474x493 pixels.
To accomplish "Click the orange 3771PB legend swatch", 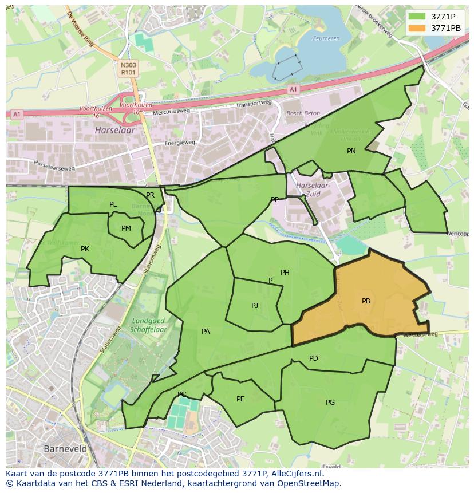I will pyautogui.click(x=417, y=28).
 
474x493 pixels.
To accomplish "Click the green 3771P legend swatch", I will pyautogui.click(x=417, y=17).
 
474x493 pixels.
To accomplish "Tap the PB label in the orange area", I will pyautogui.click(x=366, y=301).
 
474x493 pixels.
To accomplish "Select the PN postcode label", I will pyautogui.click(x=351, y=151).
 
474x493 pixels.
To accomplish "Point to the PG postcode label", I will pyautogui.click(x=330, y=403).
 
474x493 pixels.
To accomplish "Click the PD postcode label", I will pyautogui.click(x=314, y=358).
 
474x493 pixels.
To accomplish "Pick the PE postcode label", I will pyautogui.click(x=240, y=399).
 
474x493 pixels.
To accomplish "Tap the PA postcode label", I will pyautogui.click(x=206, y=331).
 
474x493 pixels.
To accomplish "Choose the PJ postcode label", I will pyautogui.click(x=255, y=306).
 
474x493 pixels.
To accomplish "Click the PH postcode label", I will pyautogui.click(x=285, y=273).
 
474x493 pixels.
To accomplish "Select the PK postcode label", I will pyautogui.click(x=85, y=249).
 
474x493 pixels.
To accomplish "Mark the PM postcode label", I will pyautogui.click(x=126, y=228).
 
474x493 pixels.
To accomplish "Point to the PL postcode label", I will pyautogui.click(x=113, y=204).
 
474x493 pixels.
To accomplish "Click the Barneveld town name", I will pyautogui.click(x=65, y=449).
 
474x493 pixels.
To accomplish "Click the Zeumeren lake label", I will pyautogui.click(x=326, y=39).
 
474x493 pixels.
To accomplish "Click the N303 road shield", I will pyautogui.click(x=128, y=66).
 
